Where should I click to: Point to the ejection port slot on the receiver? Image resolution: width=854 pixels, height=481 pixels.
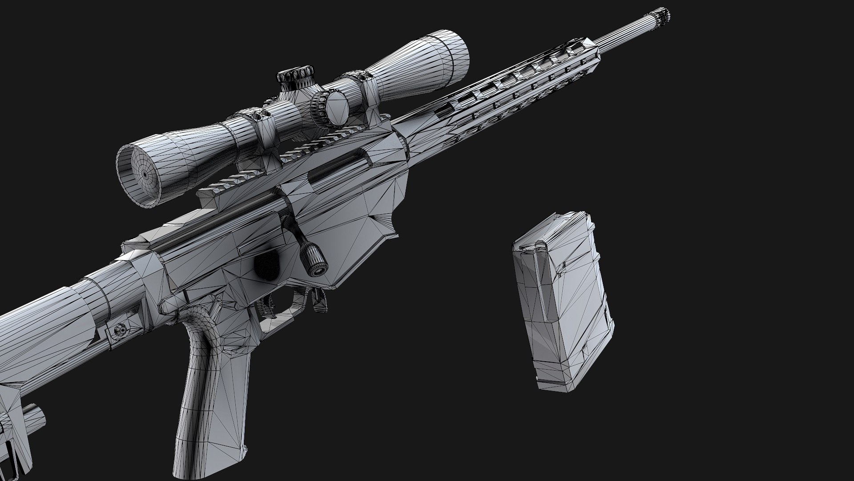coord(338,169)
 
